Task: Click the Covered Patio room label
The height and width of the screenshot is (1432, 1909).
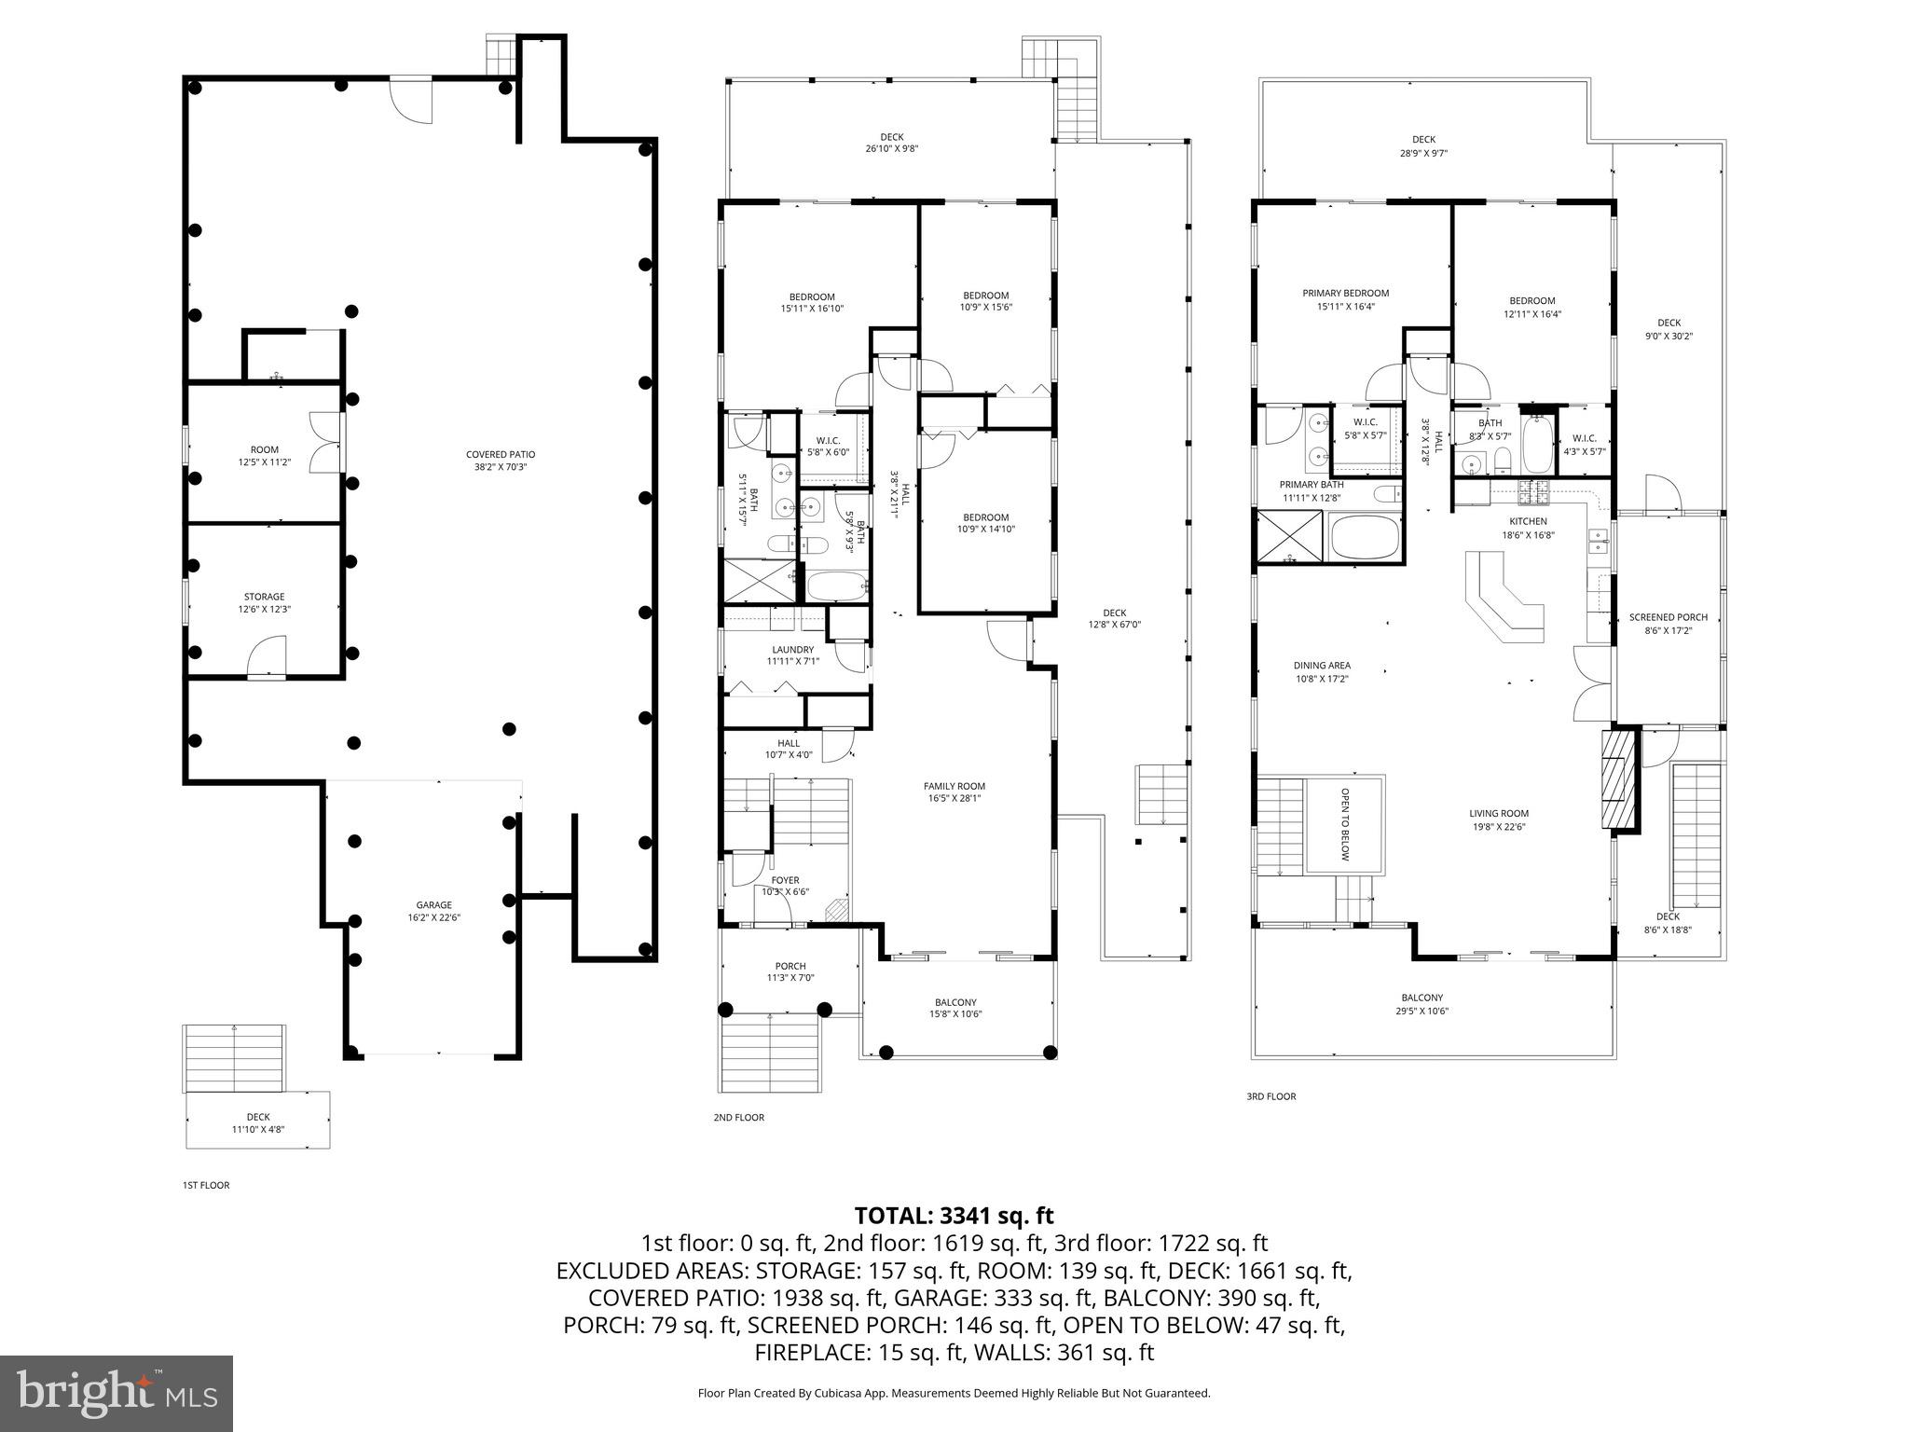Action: [x=501, y=461]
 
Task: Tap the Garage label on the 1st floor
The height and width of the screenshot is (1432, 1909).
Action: [x=433, y=911]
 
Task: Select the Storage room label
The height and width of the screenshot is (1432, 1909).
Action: [x=264, y=602]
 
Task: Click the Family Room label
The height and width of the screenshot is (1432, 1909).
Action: [x=954, y=792]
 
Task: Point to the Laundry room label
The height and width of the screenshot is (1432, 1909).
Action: [x=792, y=655]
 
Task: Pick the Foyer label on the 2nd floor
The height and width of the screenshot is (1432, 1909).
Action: [x=785, y=886]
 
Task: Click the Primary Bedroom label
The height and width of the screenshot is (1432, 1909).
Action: [x=1345, y=299]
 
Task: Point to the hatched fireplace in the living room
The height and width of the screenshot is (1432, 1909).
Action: [x=1619, y=779]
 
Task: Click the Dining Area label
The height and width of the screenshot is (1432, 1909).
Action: [x=1321, y=671]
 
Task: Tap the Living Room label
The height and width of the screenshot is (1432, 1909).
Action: [x=1499, y=819]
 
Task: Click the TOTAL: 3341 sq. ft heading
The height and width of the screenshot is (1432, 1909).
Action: [x=954, y=1216]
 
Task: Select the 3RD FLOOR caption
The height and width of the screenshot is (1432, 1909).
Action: [x=1270, y=1096]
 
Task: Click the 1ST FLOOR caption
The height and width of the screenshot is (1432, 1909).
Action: [x=205, y=1185]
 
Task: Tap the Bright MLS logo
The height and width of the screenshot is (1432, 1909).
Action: [x=117, y=1394]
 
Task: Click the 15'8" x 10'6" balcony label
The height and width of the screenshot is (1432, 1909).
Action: [x=954, y=1008]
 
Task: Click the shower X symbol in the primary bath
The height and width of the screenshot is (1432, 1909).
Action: [x=1290, y=538]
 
